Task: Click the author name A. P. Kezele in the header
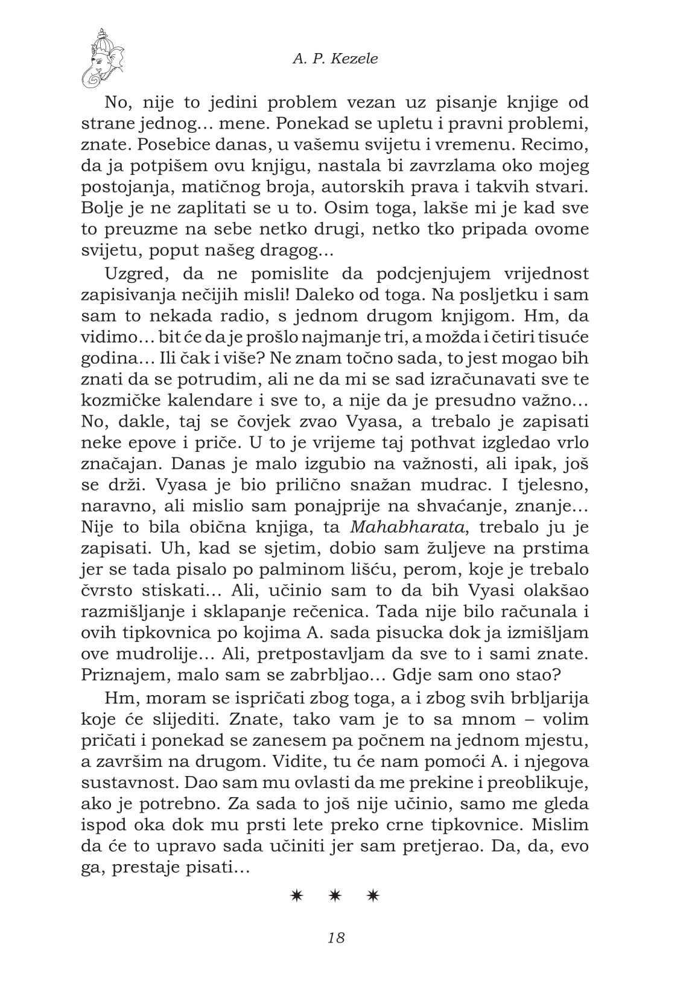click(335, 59)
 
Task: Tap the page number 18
click(336, 938)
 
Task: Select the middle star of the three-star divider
click(335, 896)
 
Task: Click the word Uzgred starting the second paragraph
click(133, 274)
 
